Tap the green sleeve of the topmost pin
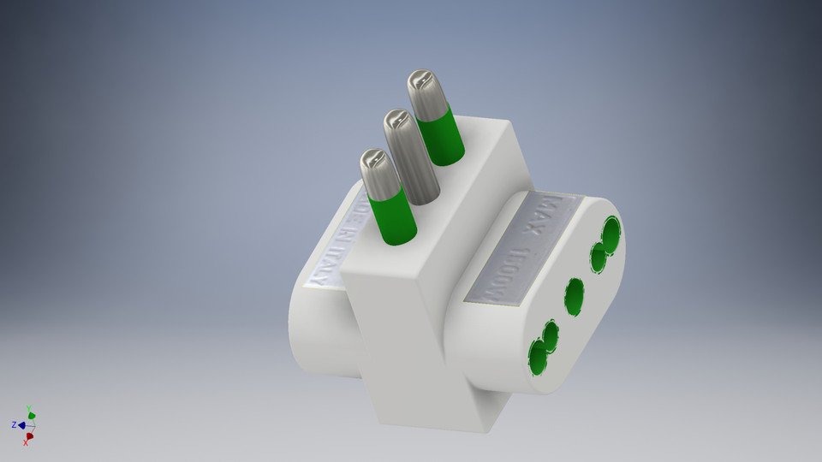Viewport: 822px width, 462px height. coord(443,137)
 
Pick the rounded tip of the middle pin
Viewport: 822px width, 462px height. coord(396,122)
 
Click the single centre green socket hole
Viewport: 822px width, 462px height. coord(574,296)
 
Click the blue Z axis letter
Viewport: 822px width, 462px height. coord(15,424)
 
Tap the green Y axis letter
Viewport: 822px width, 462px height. coord(29,409)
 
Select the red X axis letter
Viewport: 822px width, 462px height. coord(26,442)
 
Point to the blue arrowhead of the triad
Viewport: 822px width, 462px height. coord(21,424)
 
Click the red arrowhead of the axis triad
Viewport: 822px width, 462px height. coord(30,435)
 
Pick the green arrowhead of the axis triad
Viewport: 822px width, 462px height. coord(32,416)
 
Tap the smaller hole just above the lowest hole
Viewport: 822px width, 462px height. coord(551,336)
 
